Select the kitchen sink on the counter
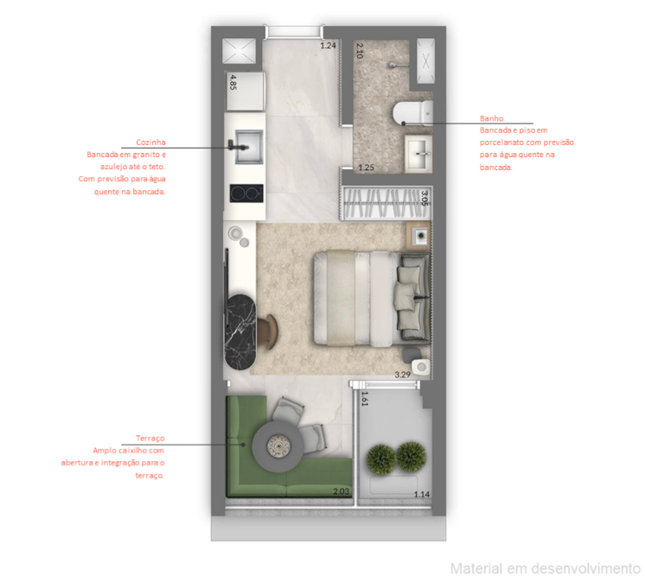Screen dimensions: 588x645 (244, 144)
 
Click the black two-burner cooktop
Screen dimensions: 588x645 (245, 193)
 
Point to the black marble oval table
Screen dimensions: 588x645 (243, 333)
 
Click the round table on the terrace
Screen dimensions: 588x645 (280, 445)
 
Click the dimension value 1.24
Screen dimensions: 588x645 (328, 46)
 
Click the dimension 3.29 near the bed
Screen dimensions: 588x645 (402, 375)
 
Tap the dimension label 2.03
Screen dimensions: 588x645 (341, 492)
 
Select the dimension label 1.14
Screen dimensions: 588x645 (421, 494)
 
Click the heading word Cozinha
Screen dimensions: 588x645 (151, 142)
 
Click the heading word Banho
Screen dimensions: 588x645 (491, 118)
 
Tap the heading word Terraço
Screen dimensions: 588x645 (150, 439)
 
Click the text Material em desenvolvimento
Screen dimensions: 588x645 (545, 568)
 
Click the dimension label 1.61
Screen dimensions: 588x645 (365, 399)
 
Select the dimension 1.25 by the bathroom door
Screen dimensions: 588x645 (366, 168)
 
